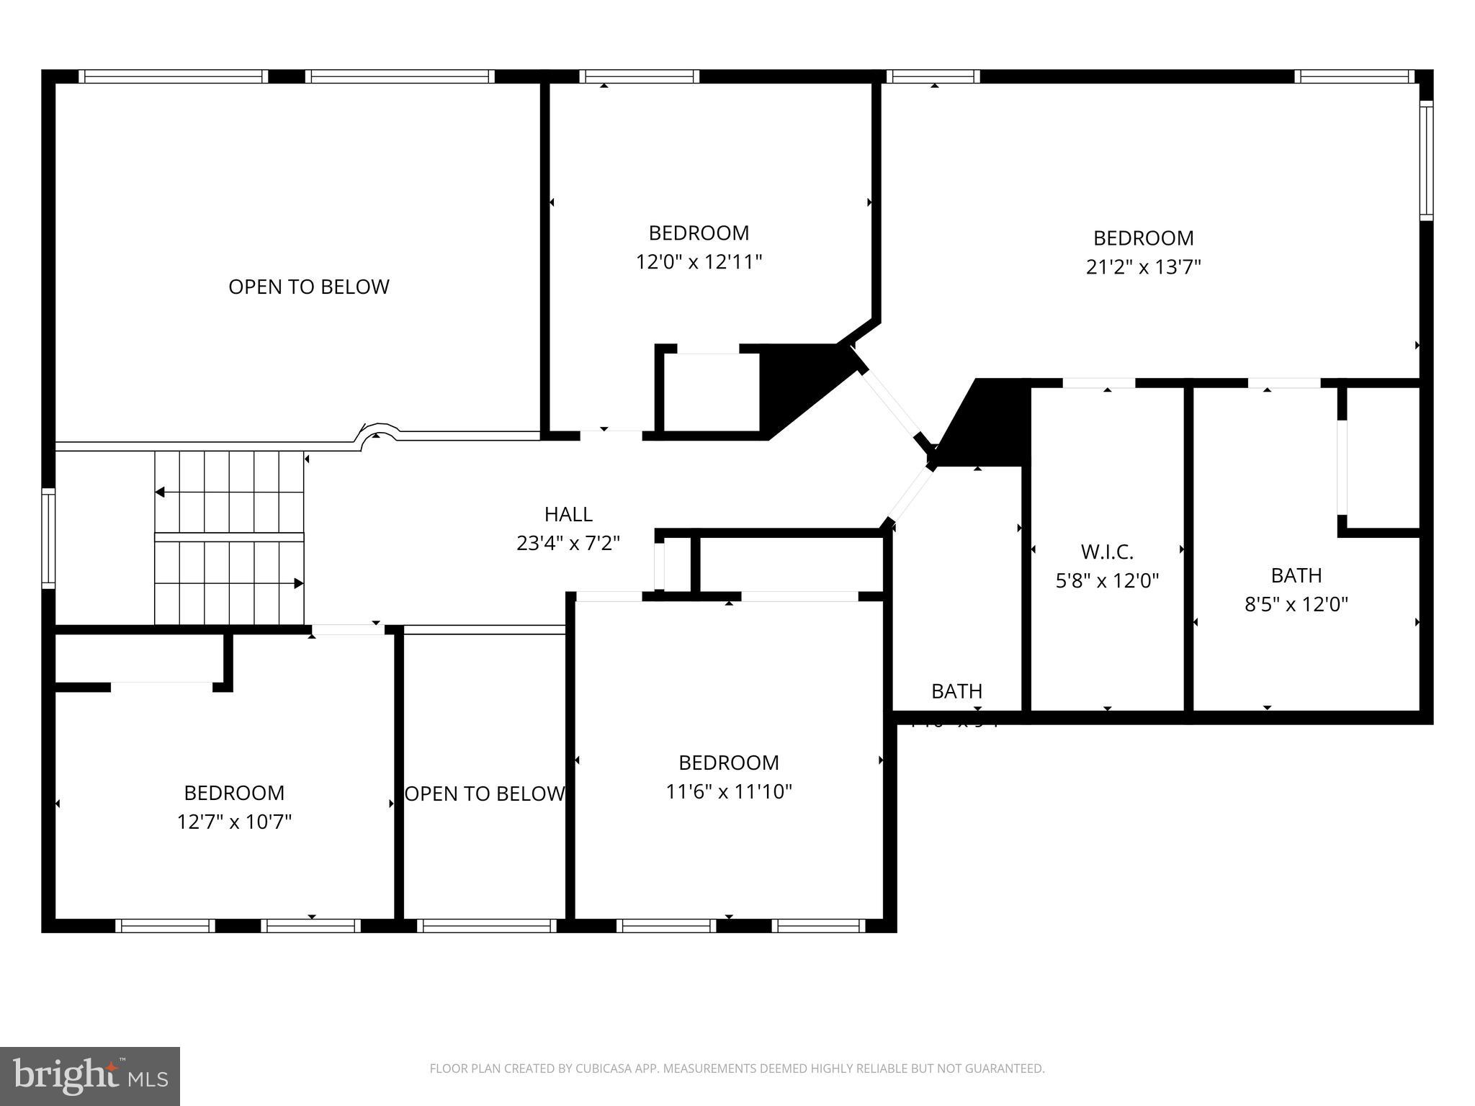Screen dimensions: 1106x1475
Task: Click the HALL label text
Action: point(568,514)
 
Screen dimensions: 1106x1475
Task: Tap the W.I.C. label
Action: point(1107,552)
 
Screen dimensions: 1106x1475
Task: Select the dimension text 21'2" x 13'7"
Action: point(1143,267)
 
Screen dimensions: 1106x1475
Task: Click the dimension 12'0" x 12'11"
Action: point(699,261)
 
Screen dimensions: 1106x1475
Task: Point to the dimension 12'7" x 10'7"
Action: point(234,822)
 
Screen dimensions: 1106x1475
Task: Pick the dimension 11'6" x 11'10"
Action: point(729,791)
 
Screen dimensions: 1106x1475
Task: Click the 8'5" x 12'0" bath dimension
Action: point(1296,604)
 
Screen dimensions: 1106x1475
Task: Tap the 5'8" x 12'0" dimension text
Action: point(1107,580)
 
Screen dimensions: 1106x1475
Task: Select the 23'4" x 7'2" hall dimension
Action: point(568,543)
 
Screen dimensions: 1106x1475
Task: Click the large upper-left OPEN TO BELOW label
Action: point(309,287)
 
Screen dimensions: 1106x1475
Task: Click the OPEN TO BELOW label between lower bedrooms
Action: point(484,793)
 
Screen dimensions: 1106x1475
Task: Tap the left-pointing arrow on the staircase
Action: point(160,493)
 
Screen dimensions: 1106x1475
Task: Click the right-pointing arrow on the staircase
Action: point(298,583)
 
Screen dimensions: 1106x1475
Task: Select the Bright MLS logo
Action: point(90,1076)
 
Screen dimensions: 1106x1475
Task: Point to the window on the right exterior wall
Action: point(1425,160)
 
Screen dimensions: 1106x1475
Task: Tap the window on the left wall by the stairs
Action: point(48,538)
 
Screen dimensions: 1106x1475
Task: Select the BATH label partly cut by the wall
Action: point(956,691)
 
